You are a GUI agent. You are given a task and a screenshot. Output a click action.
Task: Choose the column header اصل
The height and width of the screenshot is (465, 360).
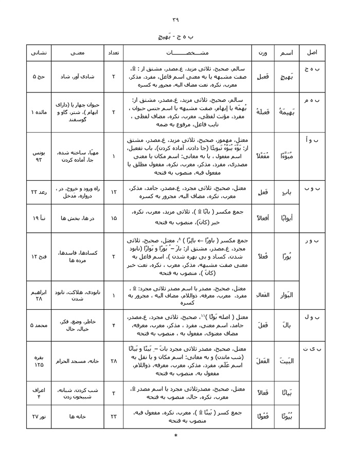[312, 53]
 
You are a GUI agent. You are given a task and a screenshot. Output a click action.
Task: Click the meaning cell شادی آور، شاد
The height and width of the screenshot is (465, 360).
[76, 77]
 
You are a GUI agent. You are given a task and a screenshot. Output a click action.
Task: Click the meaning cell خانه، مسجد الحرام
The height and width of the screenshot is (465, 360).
[76, 361]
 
